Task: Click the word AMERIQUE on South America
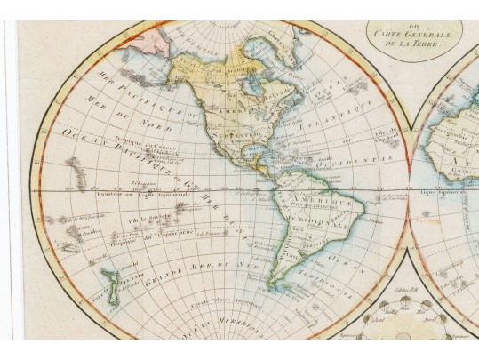[x=314, y=205]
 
